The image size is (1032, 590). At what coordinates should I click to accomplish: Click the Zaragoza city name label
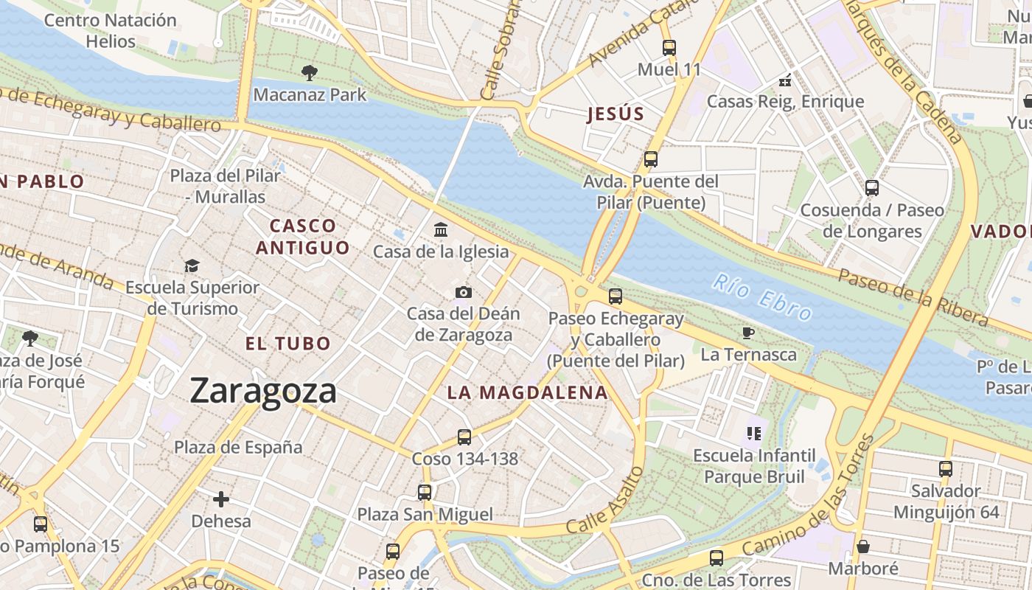coord(263,391)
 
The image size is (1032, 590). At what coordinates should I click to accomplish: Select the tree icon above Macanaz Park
coord(310,72)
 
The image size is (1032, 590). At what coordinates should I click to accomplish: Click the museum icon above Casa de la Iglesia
coord(441,229)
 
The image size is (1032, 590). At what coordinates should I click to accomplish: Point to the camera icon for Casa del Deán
coord(463,292)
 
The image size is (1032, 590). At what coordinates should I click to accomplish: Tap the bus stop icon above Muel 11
coord(669,48)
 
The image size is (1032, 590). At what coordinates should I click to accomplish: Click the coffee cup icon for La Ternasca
coord(748,333)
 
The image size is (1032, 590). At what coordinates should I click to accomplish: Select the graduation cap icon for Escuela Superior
coord(192,265)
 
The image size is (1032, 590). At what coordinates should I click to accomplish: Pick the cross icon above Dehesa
coord(221,499)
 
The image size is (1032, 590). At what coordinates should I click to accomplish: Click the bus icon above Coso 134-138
coord(464,437)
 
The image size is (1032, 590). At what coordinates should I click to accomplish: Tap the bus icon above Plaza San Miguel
coord(425,492)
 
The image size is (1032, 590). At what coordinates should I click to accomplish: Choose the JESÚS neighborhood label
coord(616,114)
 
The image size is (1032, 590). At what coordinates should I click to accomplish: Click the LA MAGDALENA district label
coord(528,393)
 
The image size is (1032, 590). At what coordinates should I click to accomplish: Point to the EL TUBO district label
coord(288,344)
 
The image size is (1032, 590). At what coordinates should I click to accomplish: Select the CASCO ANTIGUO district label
coord(302,236)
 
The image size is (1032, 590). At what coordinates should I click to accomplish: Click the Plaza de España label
coord(238,447)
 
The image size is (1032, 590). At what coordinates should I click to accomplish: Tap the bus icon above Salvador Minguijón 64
coord(946,468)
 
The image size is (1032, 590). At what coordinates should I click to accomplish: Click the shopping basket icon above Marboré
coord(862,546)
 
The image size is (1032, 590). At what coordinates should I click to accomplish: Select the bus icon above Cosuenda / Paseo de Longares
coord(872,188)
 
